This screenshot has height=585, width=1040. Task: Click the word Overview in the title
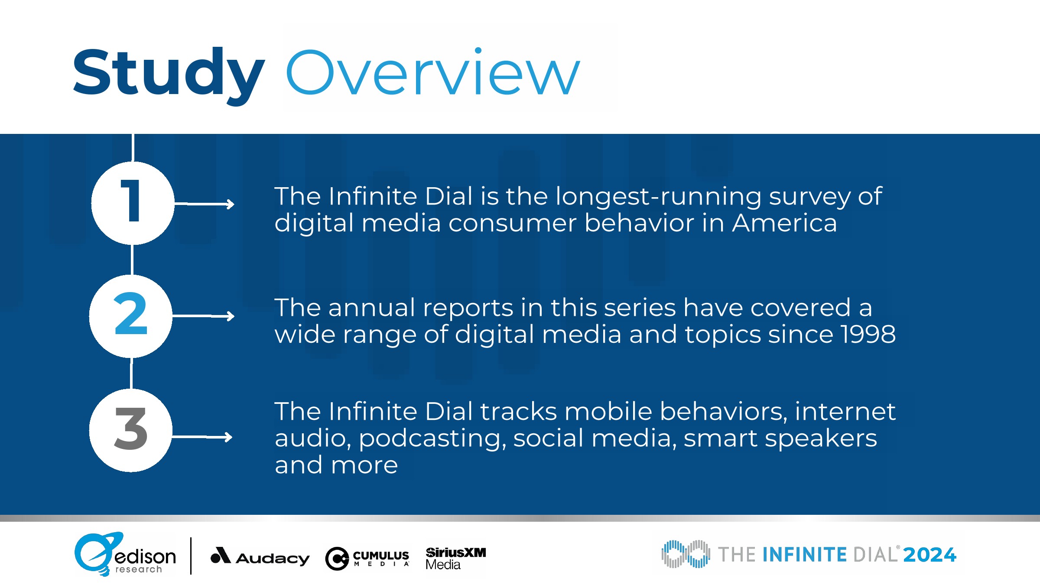[x=433, y=72]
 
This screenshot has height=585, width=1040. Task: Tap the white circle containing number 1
[x=133, y=203]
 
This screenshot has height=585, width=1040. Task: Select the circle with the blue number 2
[x=131, y=316]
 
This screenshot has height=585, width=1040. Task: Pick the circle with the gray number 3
[x=131, y=430]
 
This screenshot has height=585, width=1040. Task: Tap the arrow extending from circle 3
[x=202, y=437]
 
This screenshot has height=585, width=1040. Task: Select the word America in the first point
[x=784, y=223]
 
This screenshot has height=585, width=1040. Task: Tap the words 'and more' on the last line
[x=336, y=465]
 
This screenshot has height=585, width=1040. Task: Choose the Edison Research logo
[x=125, y=554]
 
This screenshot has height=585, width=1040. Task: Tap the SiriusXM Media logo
[x=456, y=558]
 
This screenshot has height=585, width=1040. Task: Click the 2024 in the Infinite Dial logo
[x=930, y=555]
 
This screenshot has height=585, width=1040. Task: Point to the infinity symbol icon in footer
[x=686, y=554]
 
